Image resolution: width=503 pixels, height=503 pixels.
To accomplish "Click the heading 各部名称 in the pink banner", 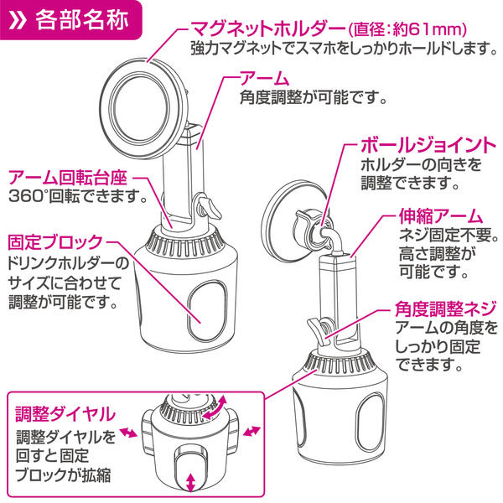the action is tap(82, 20).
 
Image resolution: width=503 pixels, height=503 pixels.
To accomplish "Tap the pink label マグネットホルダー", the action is tap(268, 29).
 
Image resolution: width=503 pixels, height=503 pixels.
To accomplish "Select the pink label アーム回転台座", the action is tap(68, 178).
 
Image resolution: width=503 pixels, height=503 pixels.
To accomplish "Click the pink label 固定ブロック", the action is tap(55, 242).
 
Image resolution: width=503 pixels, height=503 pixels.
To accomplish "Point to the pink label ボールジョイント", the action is tap(428, 145).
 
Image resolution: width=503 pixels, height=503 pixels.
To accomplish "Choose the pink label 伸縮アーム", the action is tap(441, 216).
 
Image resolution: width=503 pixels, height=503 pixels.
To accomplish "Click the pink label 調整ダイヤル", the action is tap(65, 414).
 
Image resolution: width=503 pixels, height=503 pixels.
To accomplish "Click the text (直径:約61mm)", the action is tap(407, 30).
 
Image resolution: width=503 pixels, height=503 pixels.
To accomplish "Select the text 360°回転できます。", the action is tap(78, 196).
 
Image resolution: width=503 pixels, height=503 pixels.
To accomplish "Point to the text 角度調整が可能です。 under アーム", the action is tap(314, 97).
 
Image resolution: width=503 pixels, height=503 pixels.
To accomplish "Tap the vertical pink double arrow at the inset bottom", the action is tap(191, 482).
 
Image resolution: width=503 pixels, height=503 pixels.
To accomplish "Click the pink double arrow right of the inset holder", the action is tap(251, 431).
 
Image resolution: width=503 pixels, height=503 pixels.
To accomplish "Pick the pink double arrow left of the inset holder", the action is tap(128, 433).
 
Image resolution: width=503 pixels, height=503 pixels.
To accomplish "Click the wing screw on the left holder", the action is tap(208, 207).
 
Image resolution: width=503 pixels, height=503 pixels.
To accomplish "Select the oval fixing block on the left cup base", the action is tap(206, 312).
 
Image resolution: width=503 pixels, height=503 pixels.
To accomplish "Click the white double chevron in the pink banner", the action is tap(17, 21).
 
